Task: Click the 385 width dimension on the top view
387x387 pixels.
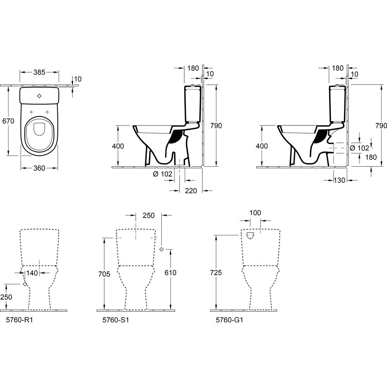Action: (39, 72)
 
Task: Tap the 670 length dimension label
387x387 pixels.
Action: (8, 121)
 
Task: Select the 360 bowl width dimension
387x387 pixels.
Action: (39, 168)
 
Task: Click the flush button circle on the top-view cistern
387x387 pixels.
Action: (39, 96)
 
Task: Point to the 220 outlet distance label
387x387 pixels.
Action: (191, 190)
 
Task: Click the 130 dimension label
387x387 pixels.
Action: (339, 180)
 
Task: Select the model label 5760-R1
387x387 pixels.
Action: (19, 320)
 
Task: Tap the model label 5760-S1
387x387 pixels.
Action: (115, 320)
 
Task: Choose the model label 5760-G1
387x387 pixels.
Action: (229, 320)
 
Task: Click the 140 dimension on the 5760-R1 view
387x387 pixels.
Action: (32, 273)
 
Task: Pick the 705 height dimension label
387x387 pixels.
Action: (104, 274)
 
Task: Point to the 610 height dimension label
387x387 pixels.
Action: (170, 272)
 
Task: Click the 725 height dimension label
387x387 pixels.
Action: (216, 272)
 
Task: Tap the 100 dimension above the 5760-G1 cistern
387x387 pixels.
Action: (255, 212)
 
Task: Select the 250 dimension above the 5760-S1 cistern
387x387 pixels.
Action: (149, 215)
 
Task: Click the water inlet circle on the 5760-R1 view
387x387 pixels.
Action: (25, 284)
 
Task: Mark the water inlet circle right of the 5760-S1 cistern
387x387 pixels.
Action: (161, 249)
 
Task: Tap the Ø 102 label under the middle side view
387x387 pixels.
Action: (163, 174)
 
